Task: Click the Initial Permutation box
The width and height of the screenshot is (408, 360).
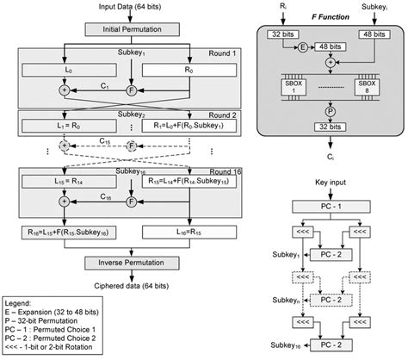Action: [x=126, y=29]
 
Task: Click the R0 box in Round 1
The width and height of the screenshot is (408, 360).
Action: [x=187, y=67]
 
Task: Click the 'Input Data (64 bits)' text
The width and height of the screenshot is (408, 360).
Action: [x=126, y=7]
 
